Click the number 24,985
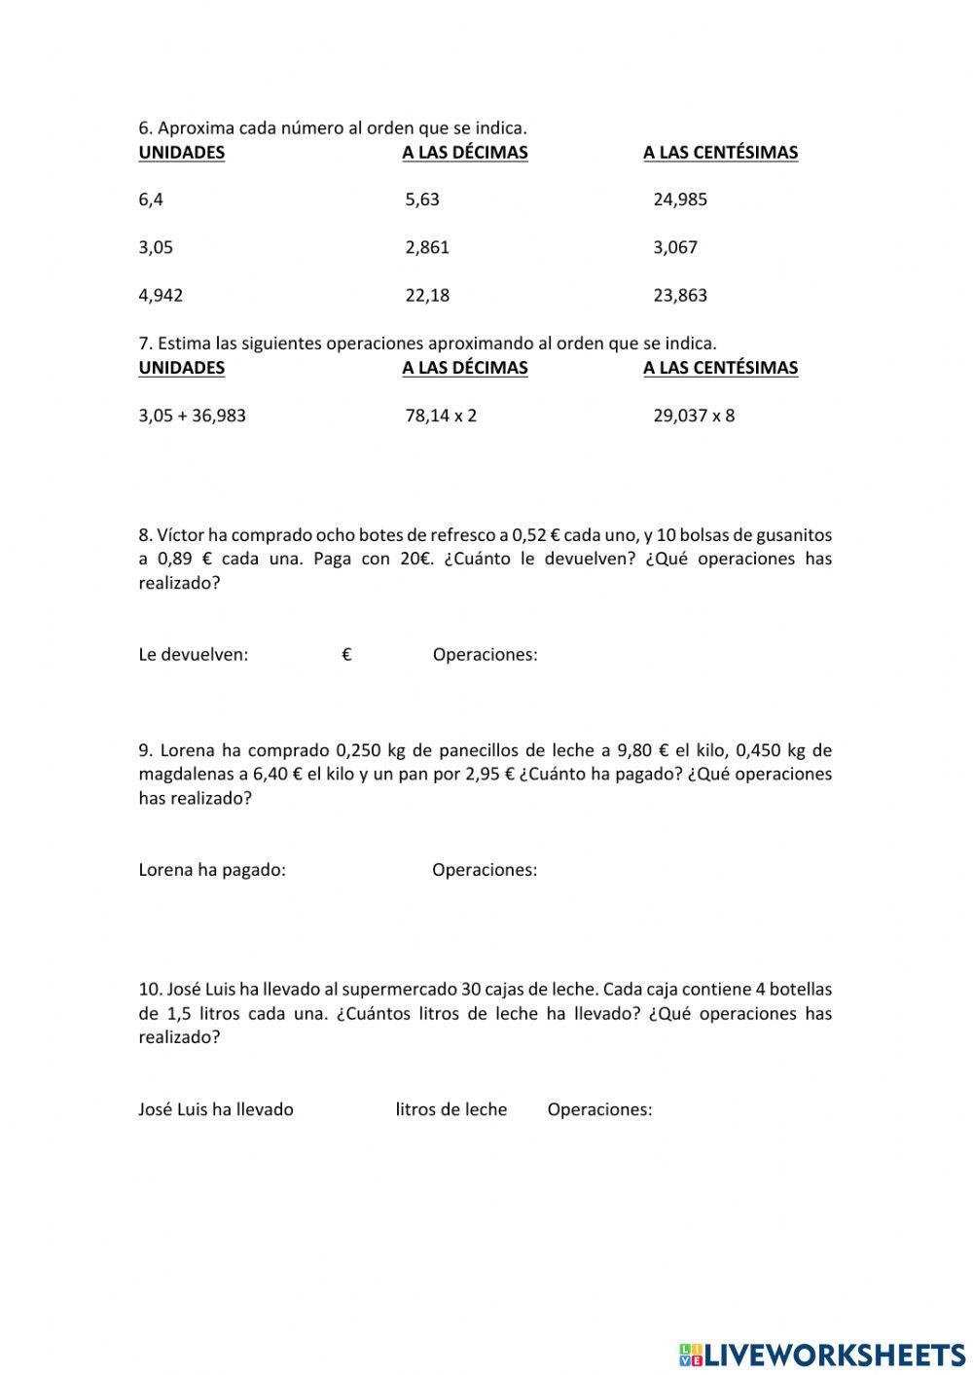click(680, 199)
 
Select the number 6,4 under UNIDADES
click(151, 199)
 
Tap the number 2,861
click(427, 247)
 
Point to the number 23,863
click(680, 296)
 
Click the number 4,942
click(161, 296)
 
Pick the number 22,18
click(427, 296)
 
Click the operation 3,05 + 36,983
click(192, 416)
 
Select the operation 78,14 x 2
click(441, 416)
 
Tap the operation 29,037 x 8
click(694, 416)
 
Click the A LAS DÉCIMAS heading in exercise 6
click(464, 153)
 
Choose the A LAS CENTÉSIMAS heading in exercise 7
click(720, 368)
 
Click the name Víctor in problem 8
click(180, 534)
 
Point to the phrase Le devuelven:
click(193, 655)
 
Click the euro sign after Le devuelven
click(346, 655)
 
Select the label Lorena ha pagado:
click(212, 870)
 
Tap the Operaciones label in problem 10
click(599, 1109)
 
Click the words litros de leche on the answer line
click(450, 1109)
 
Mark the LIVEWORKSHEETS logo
click(822, 1354)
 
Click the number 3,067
click(675, 247)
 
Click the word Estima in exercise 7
click(184, 344)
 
